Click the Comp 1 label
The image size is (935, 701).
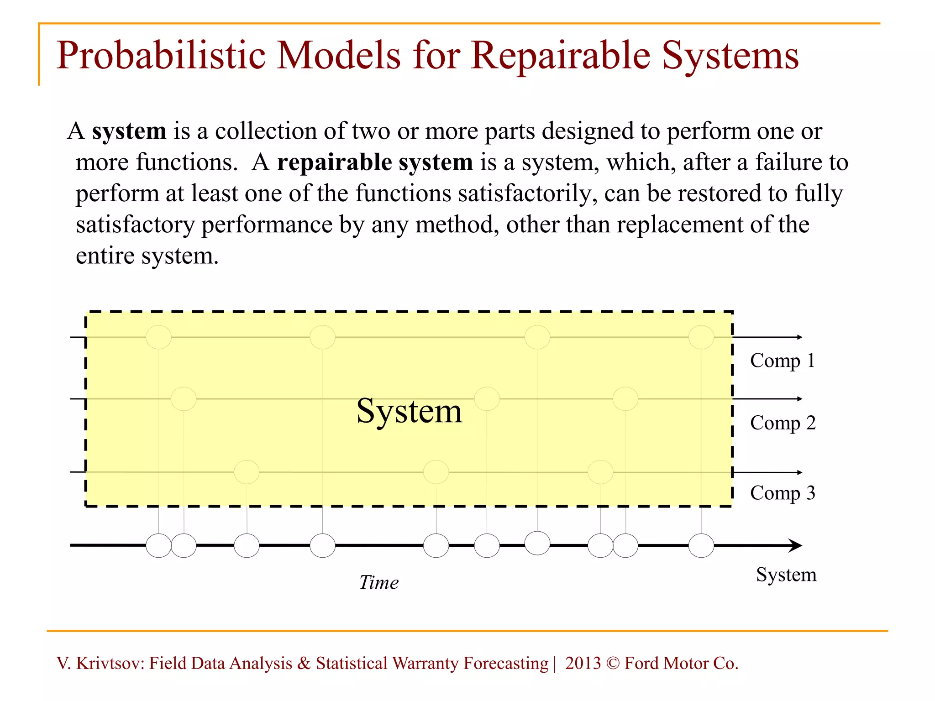click(x=782, y=361)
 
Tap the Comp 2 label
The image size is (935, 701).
click(x=783, y=423)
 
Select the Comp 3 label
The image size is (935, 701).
click(x=783, y=493)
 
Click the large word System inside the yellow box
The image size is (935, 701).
click(x=409, y=411)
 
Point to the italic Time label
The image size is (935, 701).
click(x=378, y=582)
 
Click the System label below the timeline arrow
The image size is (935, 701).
click(x=786, y=574)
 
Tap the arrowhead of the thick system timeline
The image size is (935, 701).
click(x=795, y=545)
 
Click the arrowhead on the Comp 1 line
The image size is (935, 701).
click(x=799, y=337)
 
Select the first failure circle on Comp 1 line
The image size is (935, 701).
click(x=158, y=337)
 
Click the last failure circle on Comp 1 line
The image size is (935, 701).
click(x=701, y=337)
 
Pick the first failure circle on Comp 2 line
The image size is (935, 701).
click(x=184, y=399)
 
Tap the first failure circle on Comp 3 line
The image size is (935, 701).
click(x=247, y=472)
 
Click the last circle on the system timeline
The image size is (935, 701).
click(x=701, y=546)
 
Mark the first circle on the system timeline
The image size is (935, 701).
click(x=158, y=546)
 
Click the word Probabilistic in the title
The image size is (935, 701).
click(x=160, y=56)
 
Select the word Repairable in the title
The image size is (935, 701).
click(x=561, y=56)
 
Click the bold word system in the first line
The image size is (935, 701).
click(x=129, y=131)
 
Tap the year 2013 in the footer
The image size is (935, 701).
click(x=583, y=663)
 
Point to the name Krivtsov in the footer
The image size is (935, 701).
click(x=110, y=663)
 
